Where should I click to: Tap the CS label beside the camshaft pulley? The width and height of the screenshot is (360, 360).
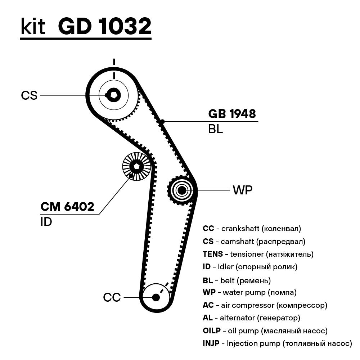point(29,95)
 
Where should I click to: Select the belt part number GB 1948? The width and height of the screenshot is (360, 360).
point(232,114)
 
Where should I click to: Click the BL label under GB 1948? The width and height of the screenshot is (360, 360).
point(215,129)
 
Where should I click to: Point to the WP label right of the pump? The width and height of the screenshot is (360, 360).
point(243,190)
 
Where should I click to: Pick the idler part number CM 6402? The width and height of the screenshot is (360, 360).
point(67,207)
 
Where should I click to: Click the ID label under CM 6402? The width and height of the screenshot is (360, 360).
point(46,222)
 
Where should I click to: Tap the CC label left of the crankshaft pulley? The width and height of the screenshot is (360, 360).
point(112,298)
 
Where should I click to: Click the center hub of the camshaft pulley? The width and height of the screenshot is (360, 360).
point(114,95)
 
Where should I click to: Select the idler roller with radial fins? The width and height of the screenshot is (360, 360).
point(136,166)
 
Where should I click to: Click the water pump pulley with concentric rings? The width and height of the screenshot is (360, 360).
point(182,190)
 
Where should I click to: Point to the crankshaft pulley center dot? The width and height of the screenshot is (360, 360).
point(156,297)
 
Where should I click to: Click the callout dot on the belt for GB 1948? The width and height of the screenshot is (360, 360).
point(163,122)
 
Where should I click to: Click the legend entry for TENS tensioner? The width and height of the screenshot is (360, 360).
point(258,254)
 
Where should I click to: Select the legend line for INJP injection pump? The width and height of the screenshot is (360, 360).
point(277,343)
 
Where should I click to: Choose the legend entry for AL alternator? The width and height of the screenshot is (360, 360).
point(251,318)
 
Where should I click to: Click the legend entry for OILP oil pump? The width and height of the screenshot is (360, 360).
point(265,330)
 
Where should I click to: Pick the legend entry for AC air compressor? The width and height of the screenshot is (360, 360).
point(265,305)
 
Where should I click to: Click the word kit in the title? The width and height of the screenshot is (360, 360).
point(33,27)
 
